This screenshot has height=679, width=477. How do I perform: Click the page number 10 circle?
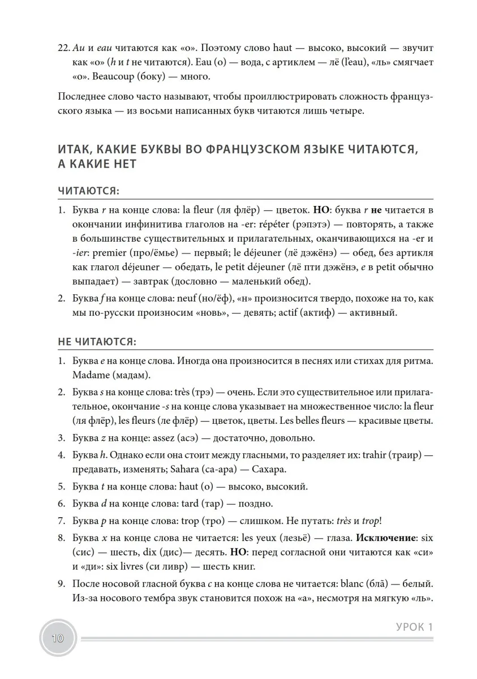[57, 639]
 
